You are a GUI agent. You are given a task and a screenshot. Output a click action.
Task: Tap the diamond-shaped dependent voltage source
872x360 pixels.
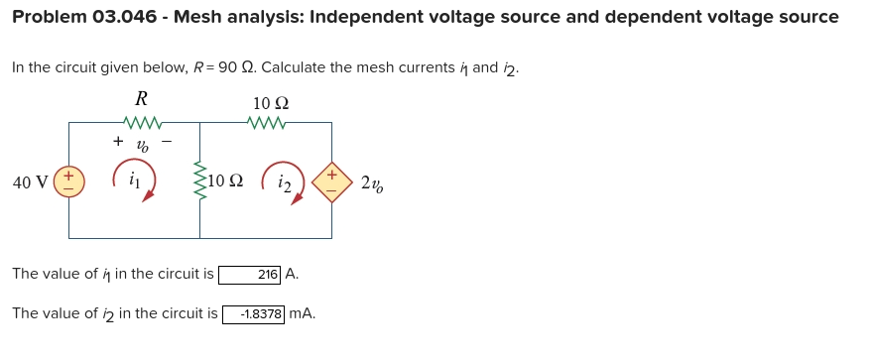331,181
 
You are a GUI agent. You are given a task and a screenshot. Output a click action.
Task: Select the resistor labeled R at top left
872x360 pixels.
141,123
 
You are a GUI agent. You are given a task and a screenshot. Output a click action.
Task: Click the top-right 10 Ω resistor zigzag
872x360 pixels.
271,123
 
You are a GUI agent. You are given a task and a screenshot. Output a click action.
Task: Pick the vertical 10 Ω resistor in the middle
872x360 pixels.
200,180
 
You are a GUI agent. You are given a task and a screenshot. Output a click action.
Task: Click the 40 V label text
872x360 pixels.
30,182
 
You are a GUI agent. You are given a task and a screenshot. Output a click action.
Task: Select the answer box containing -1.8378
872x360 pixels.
255,314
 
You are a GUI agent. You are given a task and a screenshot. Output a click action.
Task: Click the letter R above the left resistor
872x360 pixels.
141,98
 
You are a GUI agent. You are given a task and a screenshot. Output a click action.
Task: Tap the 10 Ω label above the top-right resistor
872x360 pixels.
271,103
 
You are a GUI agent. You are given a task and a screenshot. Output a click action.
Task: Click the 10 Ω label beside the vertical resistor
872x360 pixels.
226,181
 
